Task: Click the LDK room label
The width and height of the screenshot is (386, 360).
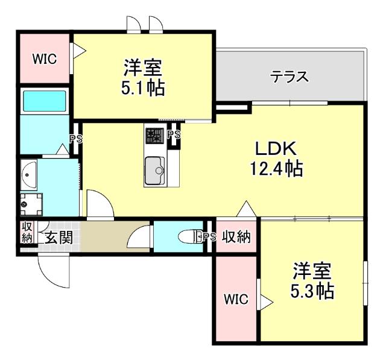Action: tap(276, 148)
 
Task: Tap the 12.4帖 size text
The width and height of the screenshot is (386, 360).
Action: tap(276, 168)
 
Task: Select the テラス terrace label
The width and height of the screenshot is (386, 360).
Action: tap(289, 77)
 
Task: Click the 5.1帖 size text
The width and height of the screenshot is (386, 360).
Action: tap(143, 88)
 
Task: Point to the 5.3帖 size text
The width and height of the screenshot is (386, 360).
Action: tap(312, 291)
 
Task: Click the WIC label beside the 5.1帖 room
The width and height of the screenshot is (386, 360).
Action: tap(45, 59)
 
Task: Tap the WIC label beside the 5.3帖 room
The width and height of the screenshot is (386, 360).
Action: tap(236, 299)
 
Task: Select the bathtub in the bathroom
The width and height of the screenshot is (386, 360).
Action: tap(45, 101)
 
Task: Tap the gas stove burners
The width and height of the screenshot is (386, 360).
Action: tap(154, 136)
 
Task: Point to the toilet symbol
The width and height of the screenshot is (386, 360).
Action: tap(190, 236)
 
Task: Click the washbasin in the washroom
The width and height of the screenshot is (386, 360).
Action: tap(29, 175)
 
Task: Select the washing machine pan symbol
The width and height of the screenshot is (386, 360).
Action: tap(31, 204)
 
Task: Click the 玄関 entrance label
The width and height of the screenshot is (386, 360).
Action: tap(59, 238)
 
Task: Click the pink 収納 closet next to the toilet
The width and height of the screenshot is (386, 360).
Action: tap(236, 237)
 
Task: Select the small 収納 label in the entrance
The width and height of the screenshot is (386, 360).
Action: tap(27, 233)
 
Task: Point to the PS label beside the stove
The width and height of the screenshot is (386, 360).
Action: tap(174, 134)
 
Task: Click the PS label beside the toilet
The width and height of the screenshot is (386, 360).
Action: tap(209, 237)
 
